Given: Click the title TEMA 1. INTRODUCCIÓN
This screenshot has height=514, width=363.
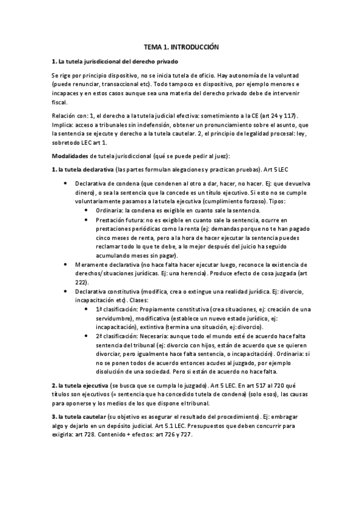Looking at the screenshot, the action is coord(181,46).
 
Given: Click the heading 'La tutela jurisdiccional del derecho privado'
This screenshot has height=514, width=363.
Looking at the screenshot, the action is coord(116,62).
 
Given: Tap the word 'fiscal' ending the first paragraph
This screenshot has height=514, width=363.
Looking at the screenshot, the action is coord(60,102).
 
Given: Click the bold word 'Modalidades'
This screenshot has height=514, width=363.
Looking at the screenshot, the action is coord(72,157).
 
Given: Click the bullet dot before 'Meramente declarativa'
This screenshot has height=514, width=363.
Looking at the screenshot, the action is coord(65,265).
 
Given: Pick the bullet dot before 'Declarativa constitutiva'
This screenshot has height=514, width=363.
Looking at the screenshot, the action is coord(65,292).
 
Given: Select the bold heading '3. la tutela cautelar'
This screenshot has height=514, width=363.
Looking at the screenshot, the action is coord(79,418).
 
